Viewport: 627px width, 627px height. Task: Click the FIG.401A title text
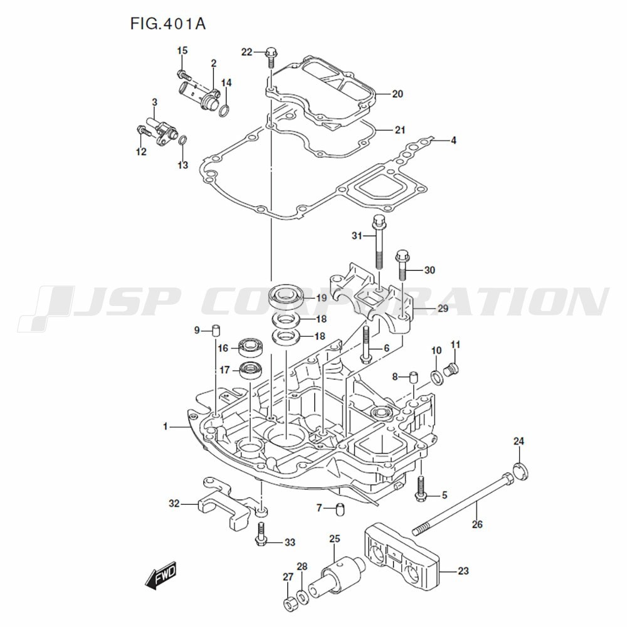[168, 24]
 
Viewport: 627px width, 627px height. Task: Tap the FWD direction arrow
[161, 575]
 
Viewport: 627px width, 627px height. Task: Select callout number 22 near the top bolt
[246, 52]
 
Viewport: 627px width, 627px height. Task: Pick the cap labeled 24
[520, 470]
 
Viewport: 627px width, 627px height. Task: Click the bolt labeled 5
[421, 488]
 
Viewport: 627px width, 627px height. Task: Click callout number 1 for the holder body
[166, 427]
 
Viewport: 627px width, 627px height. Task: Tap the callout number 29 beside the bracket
[443, 309]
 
